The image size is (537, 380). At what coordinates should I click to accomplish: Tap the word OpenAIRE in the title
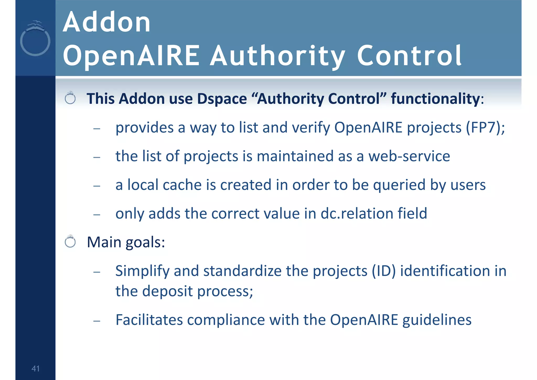click(131, 56)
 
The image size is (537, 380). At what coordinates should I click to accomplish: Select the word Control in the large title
click(409, 56)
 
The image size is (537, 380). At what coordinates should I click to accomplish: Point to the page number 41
click(35, 368)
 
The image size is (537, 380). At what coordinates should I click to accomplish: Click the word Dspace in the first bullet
click(222, 99)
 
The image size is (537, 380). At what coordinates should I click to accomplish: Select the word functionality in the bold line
click(435, 99)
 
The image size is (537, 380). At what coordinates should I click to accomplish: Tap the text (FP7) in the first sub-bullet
click(483, 128)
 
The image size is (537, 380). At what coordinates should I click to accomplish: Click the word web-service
click(409, 156)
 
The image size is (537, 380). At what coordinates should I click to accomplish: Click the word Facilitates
click(149, 320)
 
